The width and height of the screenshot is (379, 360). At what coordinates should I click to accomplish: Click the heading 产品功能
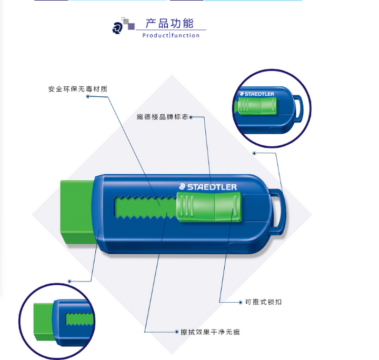tap(169, 23)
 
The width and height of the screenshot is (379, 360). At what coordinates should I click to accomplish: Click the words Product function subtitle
tap(171, 35)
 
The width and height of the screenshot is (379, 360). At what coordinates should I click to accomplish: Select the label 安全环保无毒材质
tap(78, 89)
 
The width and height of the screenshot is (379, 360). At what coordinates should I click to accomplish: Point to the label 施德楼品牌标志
tap(162, 117)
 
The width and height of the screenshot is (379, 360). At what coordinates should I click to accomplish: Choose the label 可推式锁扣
tap(263, 302)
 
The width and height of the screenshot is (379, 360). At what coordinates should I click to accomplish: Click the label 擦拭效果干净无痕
tap(210, 332)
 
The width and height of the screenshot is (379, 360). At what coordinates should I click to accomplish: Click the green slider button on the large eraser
tap(209, 207)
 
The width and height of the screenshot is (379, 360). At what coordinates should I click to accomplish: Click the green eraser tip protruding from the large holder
tap(77, 212)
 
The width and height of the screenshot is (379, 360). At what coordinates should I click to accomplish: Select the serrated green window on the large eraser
tap(145, 207)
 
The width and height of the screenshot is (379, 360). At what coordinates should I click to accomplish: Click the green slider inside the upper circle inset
tap(256, 106)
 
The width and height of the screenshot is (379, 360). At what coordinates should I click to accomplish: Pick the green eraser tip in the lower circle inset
tap(44, 322)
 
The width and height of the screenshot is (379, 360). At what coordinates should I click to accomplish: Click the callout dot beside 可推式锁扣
tap(241, 302)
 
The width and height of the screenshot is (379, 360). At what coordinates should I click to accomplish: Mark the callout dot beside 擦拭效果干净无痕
tap(176, 332)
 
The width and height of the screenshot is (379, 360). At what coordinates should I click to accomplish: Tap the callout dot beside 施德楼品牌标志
tap(191, 117)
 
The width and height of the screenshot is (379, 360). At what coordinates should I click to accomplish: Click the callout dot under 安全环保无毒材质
tap(88, 97)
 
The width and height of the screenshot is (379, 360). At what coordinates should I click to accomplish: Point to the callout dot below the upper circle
tap(254, 153)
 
